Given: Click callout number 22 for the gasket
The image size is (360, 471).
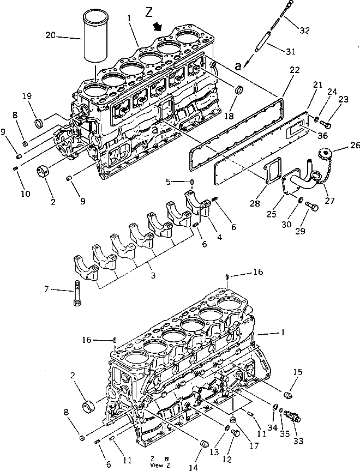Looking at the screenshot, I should pyautogui.click(x=295, y=71).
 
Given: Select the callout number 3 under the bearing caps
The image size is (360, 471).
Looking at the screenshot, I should pyautogui.click(x=153, y=276).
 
